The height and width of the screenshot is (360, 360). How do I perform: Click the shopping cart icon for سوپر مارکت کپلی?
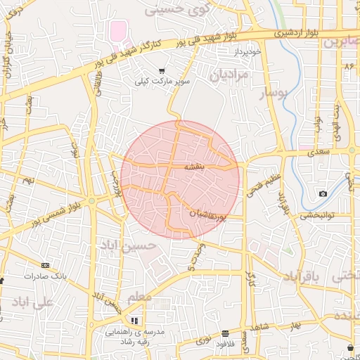tap(162, 70)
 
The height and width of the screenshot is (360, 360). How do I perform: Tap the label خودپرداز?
tap(249, 53)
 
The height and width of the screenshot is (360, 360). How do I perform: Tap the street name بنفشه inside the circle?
tap(194, 167)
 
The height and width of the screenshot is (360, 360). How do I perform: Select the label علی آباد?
tap(33, 302)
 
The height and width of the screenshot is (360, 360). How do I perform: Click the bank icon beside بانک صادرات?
tap(46, 265)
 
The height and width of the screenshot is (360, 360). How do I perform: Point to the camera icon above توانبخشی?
tap(323, 193)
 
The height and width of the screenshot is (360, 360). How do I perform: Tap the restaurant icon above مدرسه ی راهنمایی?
tap(134, 321)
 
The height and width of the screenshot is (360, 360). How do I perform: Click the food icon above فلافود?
tap(225, 333)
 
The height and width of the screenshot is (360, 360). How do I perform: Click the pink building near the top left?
tap(118, 31)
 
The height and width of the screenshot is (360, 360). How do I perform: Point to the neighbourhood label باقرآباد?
tap(300, 278)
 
